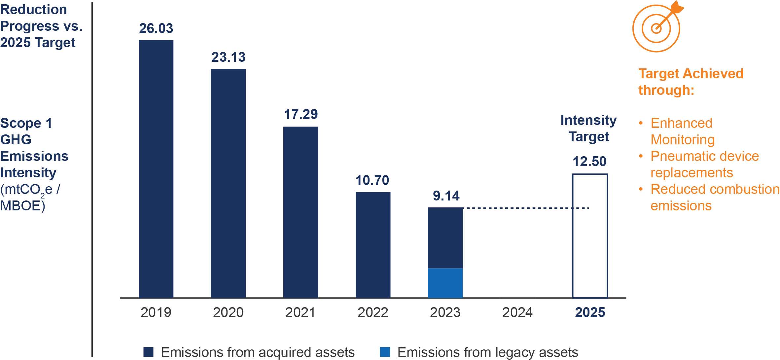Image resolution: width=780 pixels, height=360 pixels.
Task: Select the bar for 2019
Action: pos(156,168)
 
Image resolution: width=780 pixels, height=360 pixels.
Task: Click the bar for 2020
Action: pos(228,183)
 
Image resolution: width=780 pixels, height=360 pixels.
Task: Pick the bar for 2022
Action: pos(373,245)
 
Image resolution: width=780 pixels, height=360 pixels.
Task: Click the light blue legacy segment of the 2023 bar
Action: pos(445,283)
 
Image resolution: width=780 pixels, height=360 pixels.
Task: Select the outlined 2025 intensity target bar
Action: pos(590,236)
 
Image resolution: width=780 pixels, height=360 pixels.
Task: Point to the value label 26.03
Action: pos(156,28)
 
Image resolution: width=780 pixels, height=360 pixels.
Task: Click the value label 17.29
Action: pos(301,114)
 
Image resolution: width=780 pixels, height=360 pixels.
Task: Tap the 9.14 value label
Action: pos(446,196)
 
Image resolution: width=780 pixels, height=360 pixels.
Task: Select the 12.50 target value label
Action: pos(589,162)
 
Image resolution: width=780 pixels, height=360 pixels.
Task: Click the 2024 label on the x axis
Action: pos(517,312)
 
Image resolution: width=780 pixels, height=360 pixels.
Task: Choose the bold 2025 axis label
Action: pos(590,312)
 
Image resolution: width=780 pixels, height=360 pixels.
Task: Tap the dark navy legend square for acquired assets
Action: pos(149,352)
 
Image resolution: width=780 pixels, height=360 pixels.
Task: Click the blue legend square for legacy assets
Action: pos(385,352)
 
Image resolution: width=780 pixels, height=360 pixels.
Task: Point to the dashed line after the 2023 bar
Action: pos(525,208)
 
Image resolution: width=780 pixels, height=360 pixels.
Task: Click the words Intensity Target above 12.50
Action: pos(588,128)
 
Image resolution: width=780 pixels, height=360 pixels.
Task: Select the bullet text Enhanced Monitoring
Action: pos(682,131)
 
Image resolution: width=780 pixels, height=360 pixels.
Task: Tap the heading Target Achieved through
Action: pos(690,82)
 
